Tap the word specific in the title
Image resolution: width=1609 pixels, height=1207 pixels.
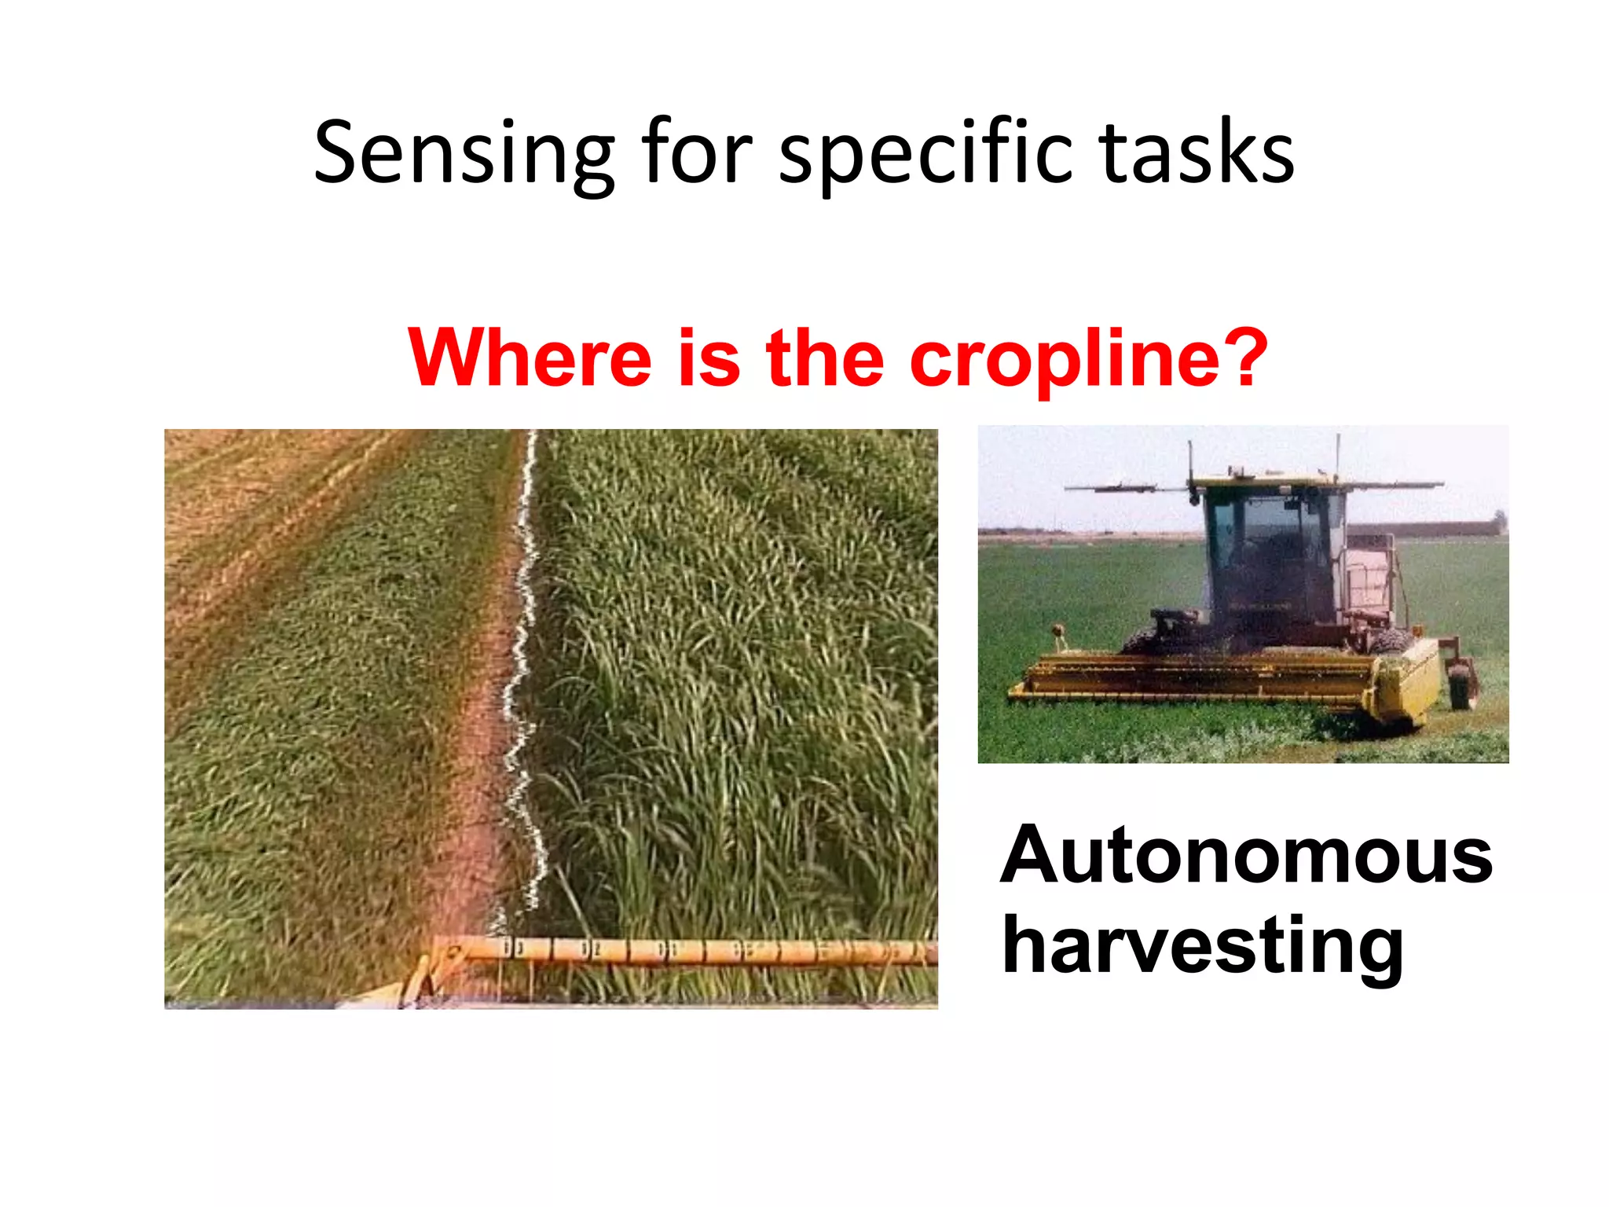pyautogui.click(x=925, y=153)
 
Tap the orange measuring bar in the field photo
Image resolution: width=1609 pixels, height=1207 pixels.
pyautogui.click(x=691, y=951)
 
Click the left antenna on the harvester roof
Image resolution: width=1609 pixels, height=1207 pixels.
pyautogui.click(x=1191, y=464)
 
